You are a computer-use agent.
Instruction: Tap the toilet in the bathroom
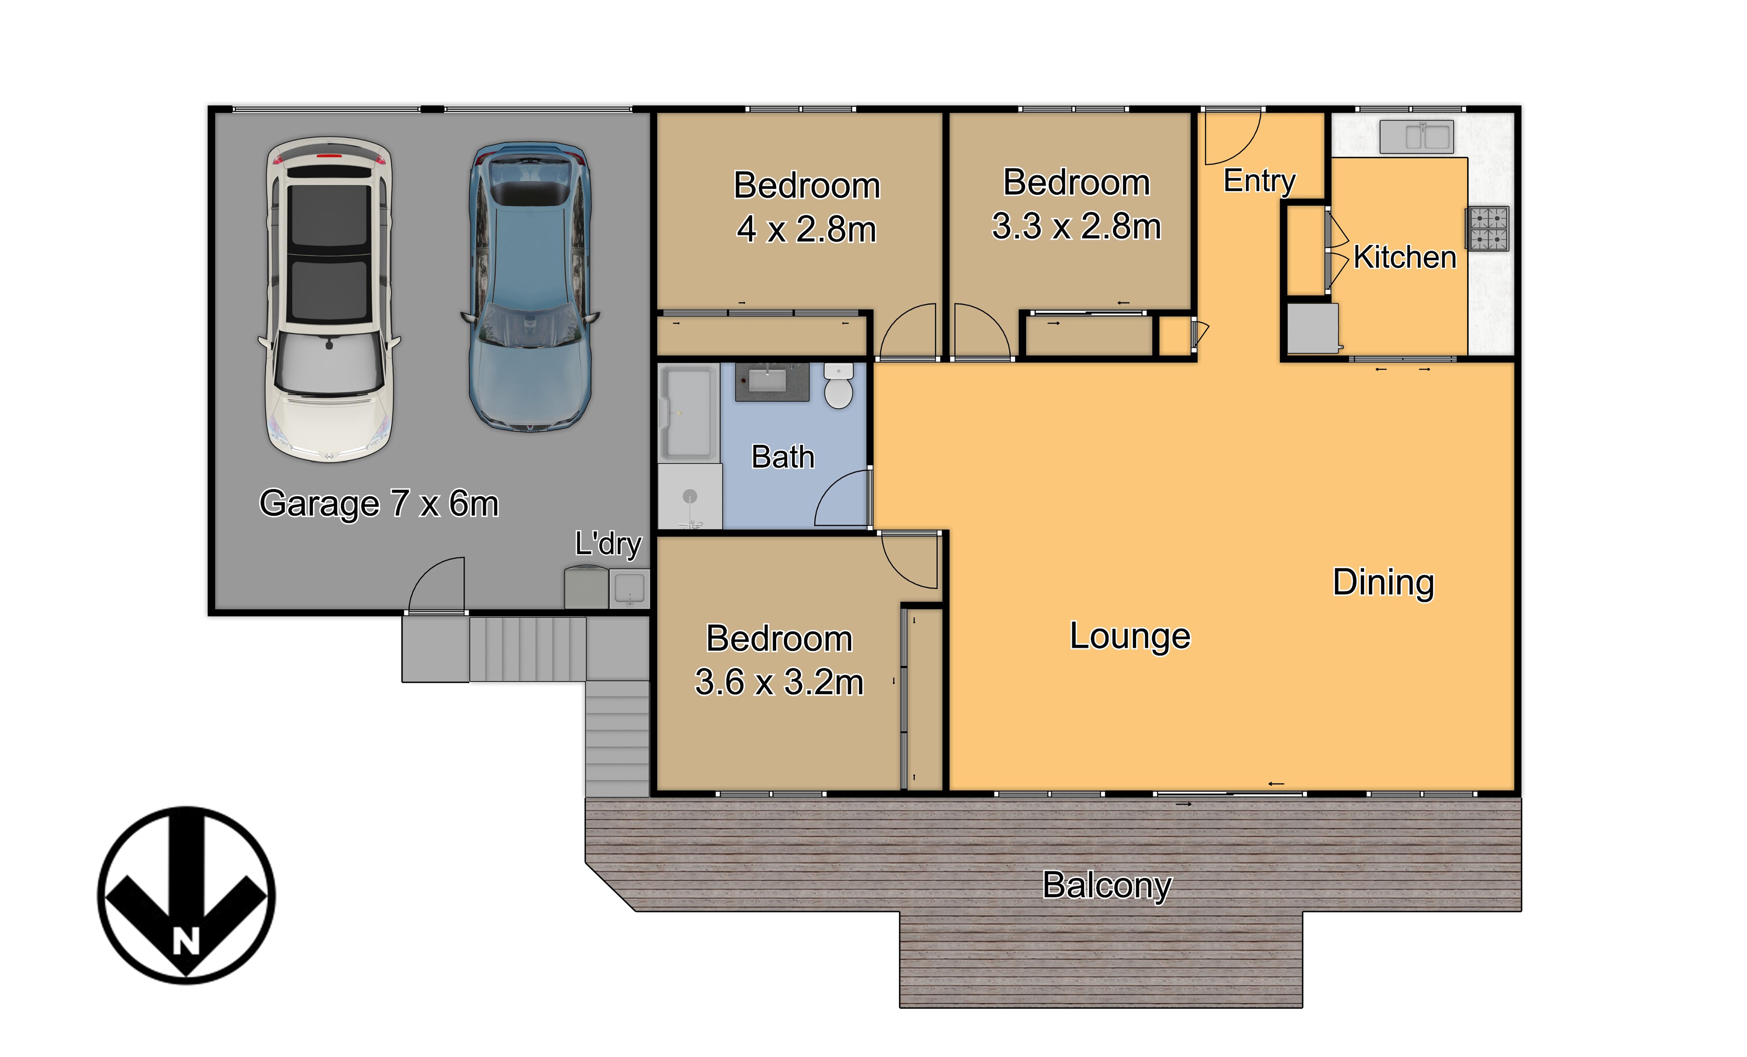click(839, 386)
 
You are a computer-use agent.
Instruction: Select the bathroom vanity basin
click(771, 381)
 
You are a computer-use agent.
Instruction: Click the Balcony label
click(1107, 886)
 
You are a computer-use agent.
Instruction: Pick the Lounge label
click(1130, 636)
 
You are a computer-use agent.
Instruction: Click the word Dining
click(1383, 583)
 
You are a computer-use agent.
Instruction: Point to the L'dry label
click(607, 544)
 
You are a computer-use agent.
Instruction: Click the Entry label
click(1259, 181)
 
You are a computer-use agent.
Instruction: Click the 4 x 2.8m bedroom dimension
click(807, 229)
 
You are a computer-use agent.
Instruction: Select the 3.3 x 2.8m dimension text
click(1076, 226)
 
